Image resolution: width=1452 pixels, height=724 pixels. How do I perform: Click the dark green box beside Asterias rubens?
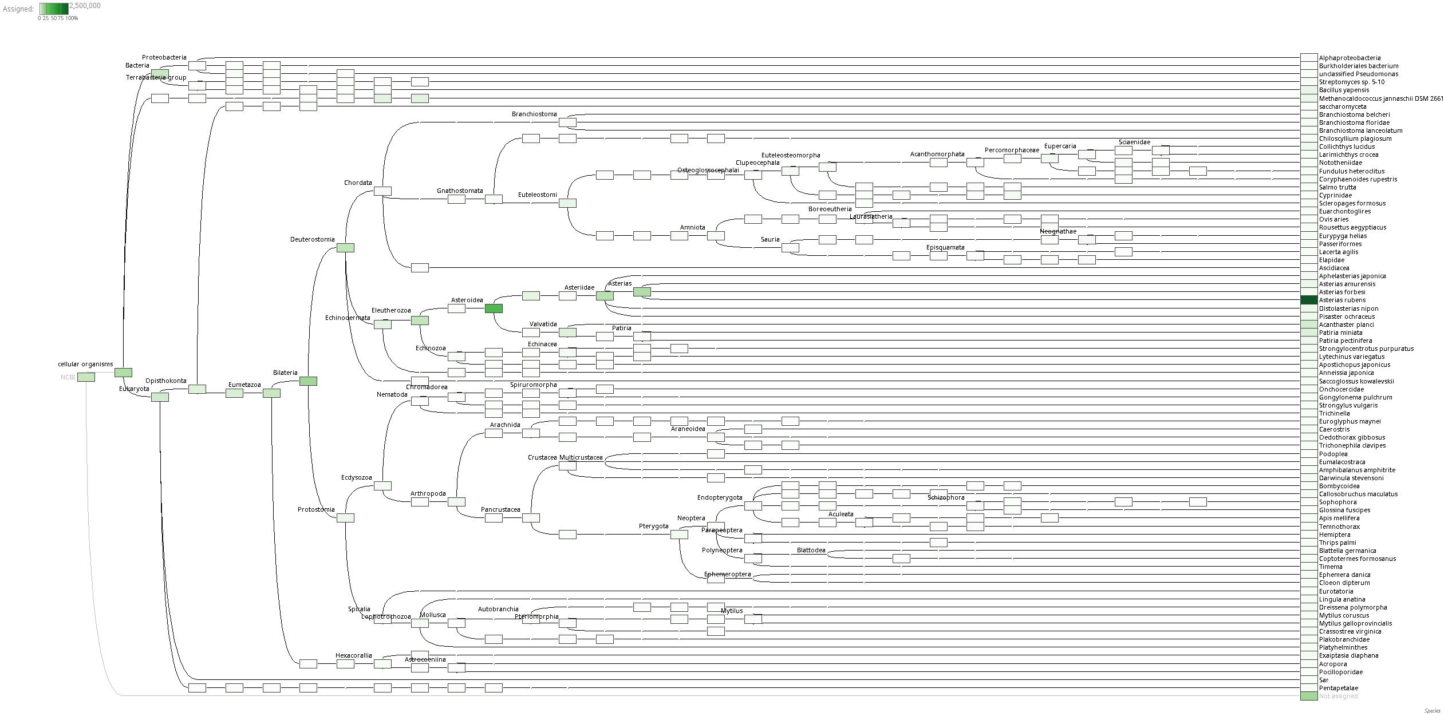pos(1309,300)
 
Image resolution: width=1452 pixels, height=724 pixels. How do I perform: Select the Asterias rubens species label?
pos(1342,300)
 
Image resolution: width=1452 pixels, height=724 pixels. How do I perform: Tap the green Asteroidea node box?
pos(494,308)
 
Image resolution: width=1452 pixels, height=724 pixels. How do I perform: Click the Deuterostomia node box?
pos(345,248)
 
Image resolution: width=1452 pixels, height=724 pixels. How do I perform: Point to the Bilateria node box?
pos(308,381)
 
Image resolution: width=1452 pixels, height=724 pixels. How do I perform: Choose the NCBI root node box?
pos(86,377)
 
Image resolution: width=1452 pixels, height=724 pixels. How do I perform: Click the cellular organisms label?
pos(85,364)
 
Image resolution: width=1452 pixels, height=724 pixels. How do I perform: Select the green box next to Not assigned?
pos(1309,696)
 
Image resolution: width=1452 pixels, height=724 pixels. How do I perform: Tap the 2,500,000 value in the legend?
pos(85,6)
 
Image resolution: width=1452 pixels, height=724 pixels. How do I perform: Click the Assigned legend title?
pos(18,9)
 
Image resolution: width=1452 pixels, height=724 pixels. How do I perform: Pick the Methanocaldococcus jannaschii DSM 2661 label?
pos(1381,98)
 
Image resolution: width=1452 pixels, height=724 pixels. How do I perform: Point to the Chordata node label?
pos(358,183)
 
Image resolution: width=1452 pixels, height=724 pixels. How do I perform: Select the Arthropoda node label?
pos(428,493)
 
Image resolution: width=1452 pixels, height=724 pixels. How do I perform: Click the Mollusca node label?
pos(432,615)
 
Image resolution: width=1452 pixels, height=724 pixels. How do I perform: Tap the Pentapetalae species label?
pos(1339,688)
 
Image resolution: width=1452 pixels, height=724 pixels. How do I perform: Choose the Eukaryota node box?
pos(160,397)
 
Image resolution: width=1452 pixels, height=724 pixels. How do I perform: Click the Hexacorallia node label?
pos(353,655)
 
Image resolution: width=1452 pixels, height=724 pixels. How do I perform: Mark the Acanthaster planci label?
pos(1346,325)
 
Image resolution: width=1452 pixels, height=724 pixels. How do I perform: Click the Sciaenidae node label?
pos(1134,142)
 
